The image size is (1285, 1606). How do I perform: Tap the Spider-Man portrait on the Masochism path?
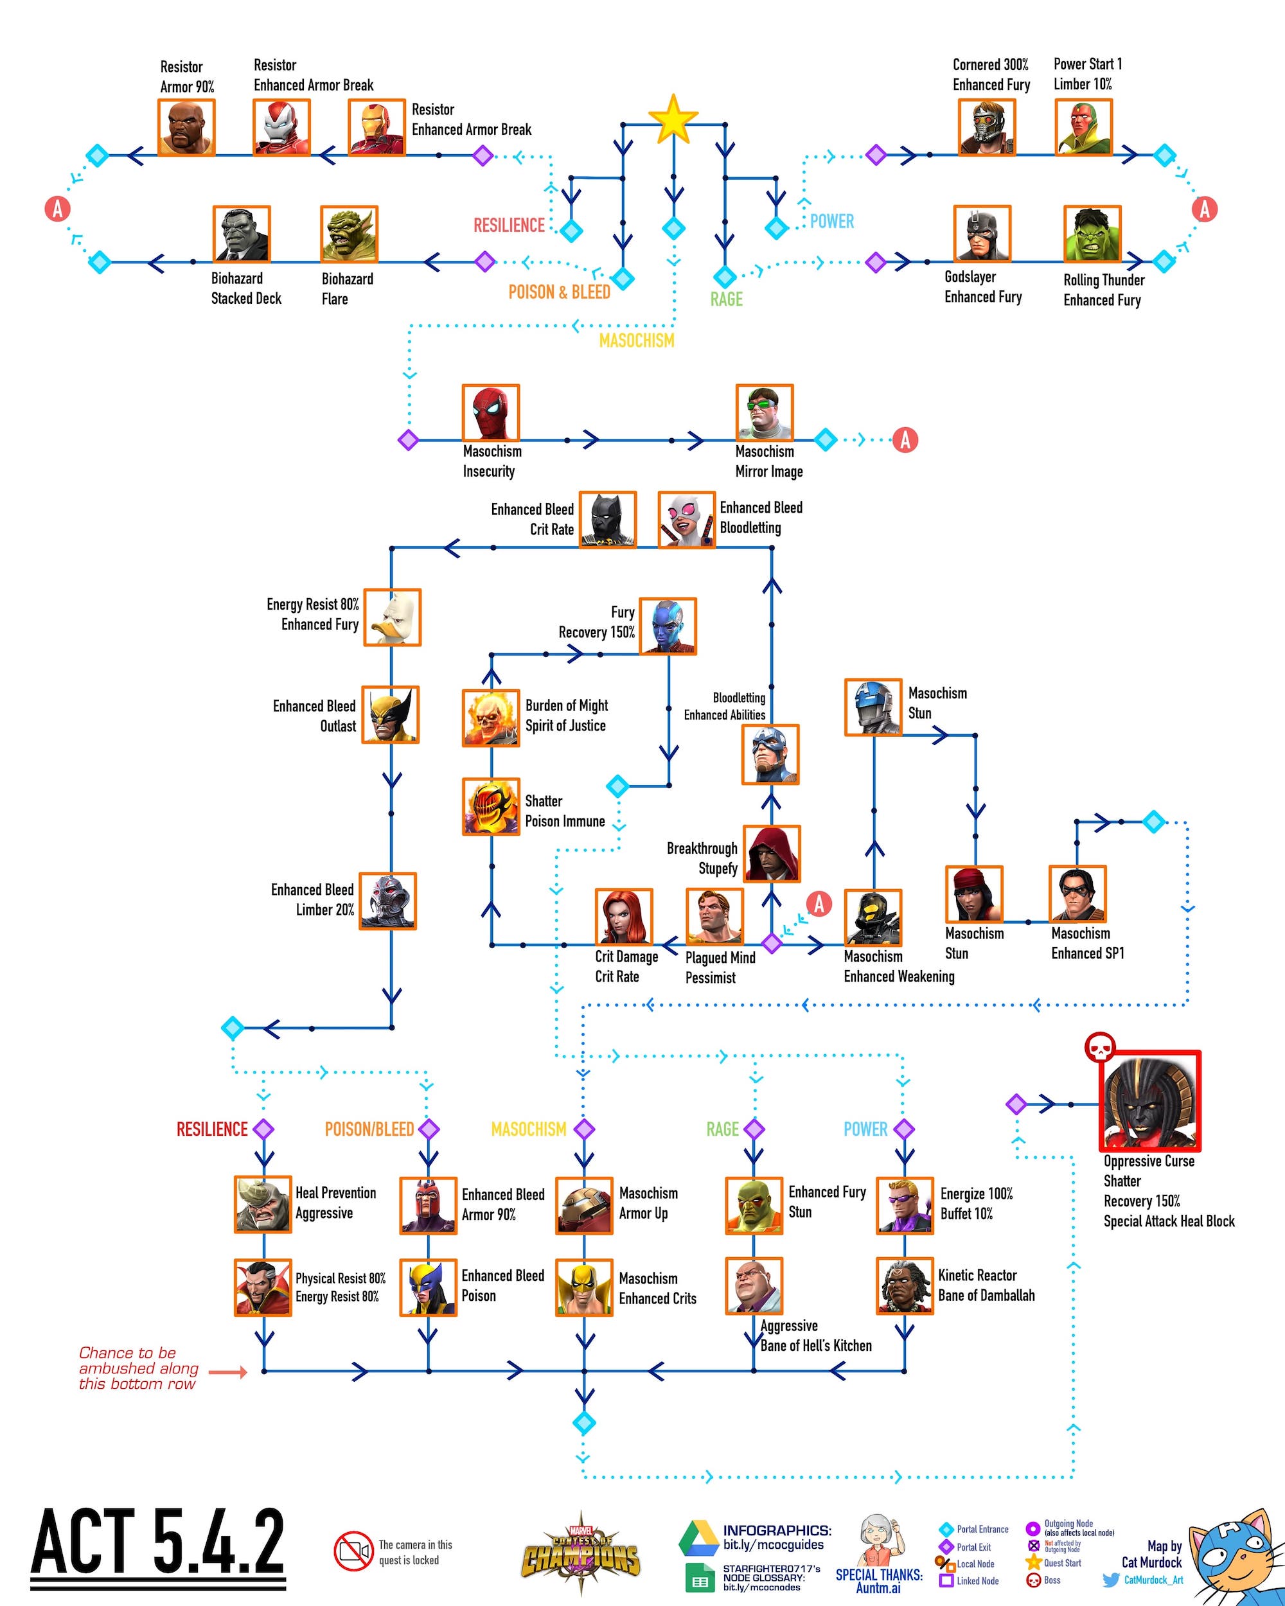[490, 412]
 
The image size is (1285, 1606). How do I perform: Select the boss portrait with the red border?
[1150, 1100]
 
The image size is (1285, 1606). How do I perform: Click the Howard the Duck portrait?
[393, 617]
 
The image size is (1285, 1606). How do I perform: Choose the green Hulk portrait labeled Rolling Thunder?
[1092, 234]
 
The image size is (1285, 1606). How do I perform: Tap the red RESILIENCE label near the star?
[509, 225]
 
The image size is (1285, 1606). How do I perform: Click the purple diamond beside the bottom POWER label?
[905, 1129]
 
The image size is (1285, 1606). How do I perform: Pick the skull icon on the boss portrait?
[1099, 1046]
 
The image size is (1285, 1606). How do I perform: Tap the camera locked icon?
[353, 1551]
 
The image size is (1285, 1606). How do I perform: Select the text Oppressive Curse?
[1149, 1161]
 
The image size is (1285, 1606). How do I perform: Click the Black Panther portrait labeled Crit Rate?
[608, 519]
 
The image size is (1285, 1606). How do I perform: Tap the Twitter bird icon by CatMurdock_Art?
[1111, 1580]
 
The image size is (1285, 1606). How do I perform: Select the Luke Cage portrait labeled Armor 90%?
[186, 127]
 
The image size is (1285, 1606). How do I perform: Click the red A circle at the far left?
[57, 209]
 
